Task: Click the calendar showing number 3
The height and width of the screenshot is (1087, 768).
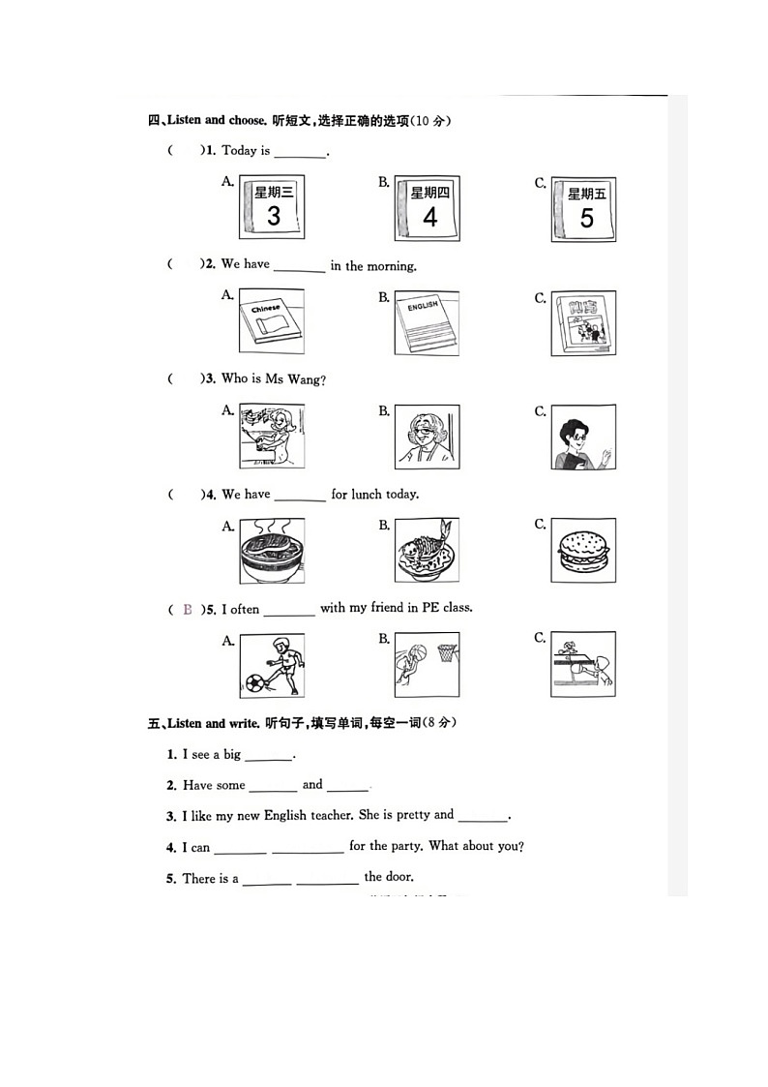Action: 272,209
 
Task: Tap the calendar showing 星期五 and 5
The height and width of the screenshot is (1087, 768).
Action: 584,209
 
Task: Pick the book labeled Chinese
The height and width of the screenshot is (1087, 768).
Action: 271,322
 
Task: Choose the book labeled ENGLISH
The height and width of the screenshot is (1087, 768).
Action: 427,322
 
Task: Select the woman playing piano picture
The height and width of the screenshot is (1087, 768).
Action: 271,437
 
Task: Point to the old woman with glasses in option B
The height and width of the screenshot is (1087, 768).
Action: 427,437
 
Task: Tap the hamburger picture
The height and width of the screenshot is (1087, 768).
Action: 583,551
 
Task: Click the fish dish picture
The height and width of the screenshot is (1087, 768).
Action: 427,551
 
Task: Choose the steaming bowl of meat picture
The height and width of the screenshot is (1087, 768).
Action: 271,551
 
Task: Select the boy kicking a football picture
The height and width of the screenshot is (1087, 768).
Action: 272,665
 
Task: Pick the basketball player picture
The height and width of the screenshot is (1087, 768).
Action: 427,665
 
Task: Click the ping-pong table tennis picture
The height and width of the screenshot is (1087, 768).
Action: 583,664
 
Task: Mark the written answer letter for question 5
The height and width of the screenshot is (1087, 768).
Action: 187,610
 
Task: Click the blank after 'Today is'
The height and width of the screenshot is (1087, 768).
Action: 300,152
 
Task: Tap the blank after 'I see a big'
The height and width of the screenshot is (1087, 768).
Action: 268,756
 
